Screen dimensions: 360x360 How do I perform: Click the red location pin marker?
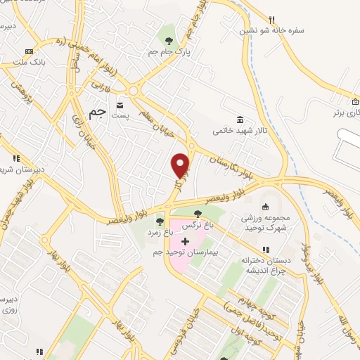point(181,165)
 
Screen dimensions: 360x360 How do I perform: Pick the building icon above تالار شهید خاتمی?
point(240,120)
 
